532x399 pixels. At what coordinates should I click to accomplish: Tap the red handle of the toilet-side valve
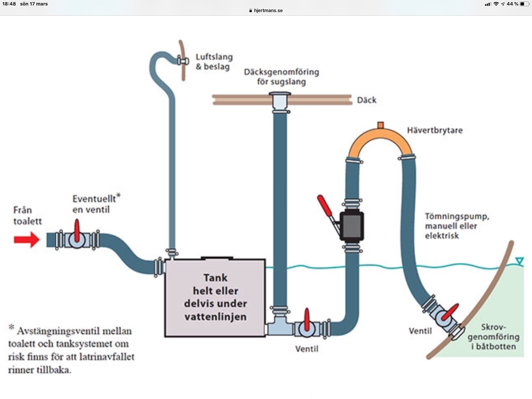[77, 230]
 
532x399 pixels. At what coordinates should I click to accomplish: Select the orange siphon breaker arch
[381, 140]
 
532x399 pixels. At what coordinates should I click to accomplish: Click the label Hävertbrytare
[435, 130]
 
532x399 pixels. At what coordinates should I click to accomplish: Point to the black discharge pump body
[352, 226]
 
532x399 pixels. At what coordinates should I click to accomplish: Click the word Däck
[367, 100]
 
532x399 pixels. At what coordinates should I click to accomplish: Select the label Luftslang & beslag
[214, 62]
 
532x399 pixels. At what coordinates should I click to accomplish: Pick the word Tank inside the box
[215, 278]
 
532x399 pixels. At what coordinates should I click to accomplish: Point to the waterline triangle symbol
[519, 261]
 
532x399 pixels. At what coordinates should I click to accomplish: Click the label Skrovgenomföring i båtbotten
[493, 337]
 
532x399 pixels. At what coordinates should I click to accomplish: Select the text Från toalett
[27, 216]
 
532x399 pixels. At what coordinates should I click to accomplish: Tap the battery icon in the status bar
[524, 4]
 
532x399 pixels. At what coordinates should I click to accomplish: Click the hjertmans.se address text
[268, 11]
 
